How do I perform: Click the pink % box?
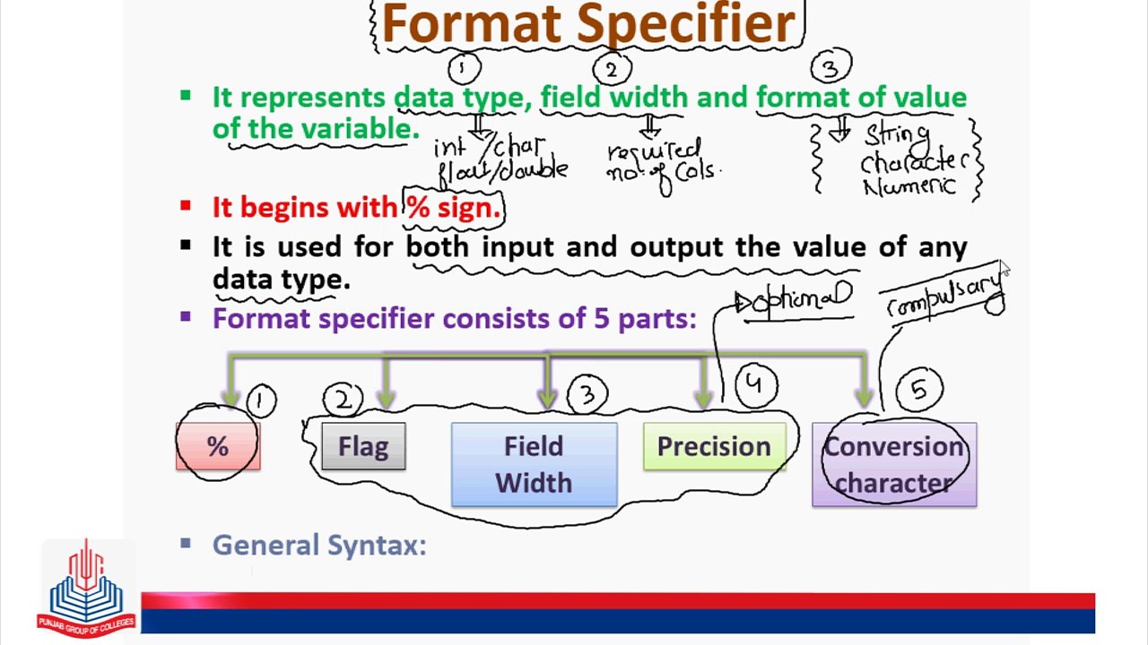point(218,447)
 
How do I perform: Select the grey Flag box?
point(363,447)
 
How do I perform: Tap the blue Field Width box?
point(534,464)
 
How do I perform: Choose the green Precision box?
point(714,447)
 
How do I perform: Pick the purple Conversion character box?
point(894,464)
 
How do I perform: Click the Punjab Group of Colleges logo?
point(86,587)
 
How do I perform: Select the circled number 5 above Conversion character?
point(920,389)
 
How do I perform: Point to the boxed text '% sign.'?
point(454,208)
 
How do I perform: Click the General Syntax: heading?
point(319,545)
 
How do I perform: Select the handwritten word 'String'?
point(897,137)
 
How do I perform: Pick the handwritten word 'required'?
point(653,150)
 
